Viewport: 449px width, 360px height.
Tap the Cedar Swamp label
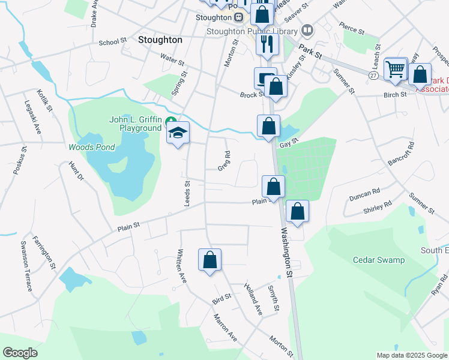(379, 260)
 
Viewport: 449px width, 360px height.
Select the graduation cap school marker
(178, 133)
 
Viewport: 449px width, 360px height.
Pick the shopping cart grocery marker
(396, 69)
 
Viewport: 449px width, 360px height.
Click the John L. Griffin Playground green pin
(170, 121)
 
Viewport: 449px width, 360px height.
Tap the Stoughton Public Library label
(252, 31)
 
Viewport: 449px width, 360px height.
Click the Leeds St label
(187, 193)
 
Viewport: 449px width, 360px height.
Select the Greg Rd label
(224, 161)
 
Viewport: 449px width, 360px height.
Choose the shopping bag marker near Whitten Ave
(210, 260)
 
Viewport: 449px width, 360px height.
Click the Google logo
(20, 353)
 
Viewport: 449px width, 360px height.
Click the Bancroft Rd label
(402, 154)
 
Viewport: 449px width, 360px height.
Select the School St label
(113, 43)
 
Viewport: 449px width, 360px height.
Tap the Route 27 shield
(373, 74)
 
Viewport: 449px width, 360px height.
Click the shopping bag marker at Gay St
(269, 127)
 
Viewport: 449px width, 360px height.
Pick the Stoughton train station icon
(239, 17)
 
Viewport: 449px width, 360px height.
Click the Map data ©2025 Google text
(411, 355)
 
